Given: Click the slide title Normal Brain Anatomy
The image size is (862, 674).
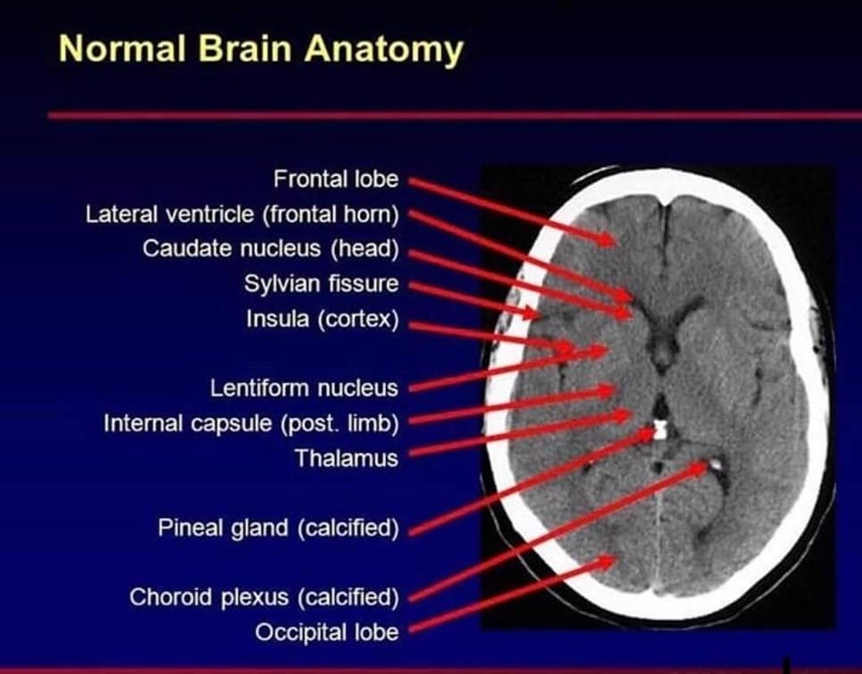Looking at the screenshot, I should (261, 49).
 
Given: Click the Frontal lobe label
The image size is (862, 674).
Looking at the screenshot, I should (336, 179).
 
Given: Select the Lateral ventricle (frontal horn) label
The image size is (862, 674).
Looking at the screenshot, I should (241, 214).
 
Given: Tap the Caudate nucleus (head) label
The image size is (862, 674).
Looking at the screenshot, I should (270, 248).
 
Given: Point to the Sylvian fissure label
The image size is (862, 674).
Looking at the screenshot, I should (321, 284).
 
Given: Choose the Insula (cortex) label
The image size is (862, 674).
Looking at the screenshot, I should (322, 319).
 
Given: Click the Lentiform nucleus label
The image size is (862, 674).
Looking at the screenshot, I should (304, 388).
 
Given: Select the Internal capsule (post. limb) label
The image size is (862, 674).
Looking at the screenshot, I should (251, 422).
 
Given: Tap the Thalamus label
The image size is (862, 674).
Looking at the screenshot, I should (347, 458).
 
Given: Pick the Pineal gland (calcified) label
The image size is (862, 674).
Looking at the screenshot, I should (278, 528).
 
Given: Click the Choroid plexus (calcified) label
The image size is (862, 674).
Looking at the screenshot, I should (264, 596).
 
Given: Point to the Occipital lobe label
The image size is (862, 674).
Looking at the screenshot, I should (327, 632).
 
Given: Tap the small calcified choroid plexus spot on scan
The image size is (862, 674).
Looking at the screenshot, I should (716, 464).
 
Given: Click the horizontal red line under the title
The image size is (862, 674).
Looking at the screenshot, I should (447, 116).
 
